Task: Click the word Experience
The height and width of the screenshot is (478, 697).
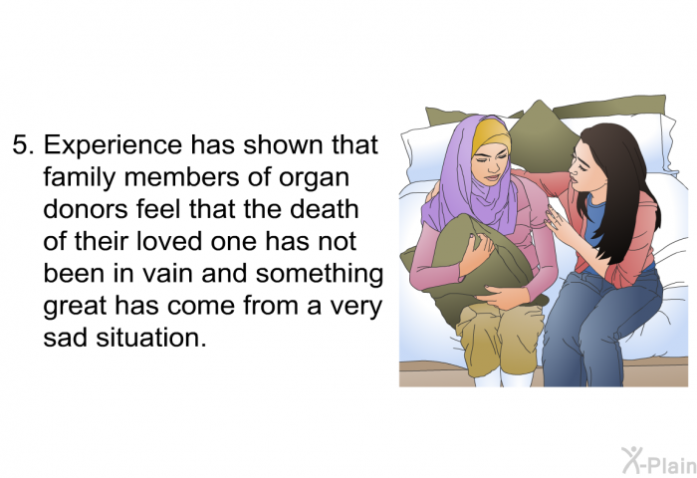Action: [x=113, y=145]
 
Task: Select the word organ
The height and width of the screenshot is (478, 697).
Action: [x=314, y=178]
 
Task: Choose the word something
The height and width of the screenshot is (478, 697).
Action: [x=320, y=274]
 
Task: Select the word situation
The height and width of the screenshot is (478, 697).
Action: [x=151, y=338]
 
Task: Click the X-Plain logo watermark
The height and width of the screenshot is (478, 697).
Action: [x=658, y=460]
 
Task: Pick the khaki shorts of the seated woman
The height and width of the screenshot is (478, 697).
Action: [x=500, y=338]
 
